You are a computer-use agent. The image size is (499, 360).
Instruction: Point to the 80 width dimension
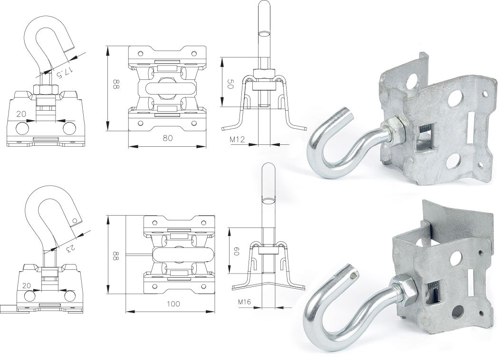(x=167, y=138)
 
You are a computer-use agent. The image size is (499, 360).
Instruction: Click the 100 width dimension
(x=173, y=303)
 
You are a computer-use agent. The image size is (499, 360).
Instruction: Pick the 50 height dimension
(x=230, y=84)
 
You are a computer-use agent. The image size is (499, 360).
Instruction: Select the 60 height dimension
(x=237, y=249)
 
